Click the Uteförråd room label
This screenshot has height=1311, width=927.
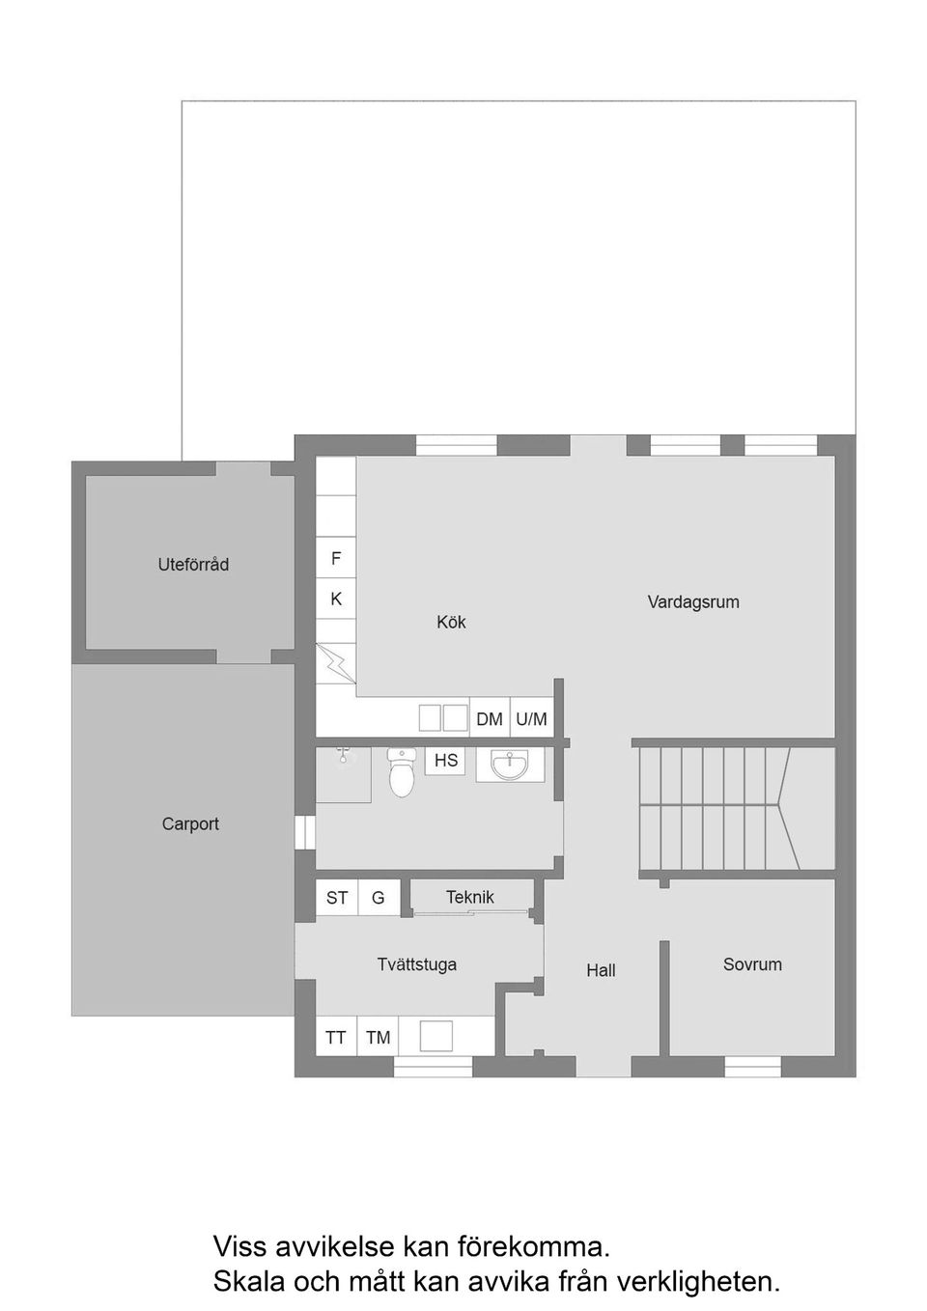[193, 565]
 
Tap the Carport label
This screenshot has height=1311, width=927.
[190, 823]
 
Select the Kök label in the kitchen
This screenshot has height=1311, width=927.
[451, 622]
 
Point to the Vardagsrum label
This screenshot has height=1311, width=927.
[693, 601]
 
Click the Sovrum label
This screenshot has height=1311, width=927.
[752, 963]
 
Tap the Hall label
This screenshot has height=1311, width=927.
[601, 970]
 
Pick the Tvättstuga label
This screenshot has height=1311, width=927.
[417, 963]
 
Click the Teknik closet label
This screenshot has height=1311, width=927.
[470, 897]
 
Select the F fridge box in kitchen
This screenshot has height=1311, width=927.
[336, 558]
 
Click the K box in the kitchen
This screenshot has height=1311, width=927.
[336, 599]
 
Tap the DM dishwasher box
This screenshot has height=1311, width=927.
[490, 718]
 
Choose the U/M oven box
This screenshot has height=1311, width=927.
[531, 718]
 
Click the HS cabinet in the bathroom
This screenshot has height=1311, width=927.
[445, 761]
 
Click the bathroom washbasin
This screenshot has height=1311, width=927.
[510, 766]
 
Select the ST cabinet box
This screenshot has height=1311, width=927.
[337, 898]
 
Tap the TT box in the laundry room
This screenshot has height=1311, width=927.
[336, 1037]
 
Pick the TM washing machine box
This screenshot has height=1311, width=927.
[378, 1037]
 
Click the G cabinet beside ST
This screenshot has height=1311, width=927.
[378, 898]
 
